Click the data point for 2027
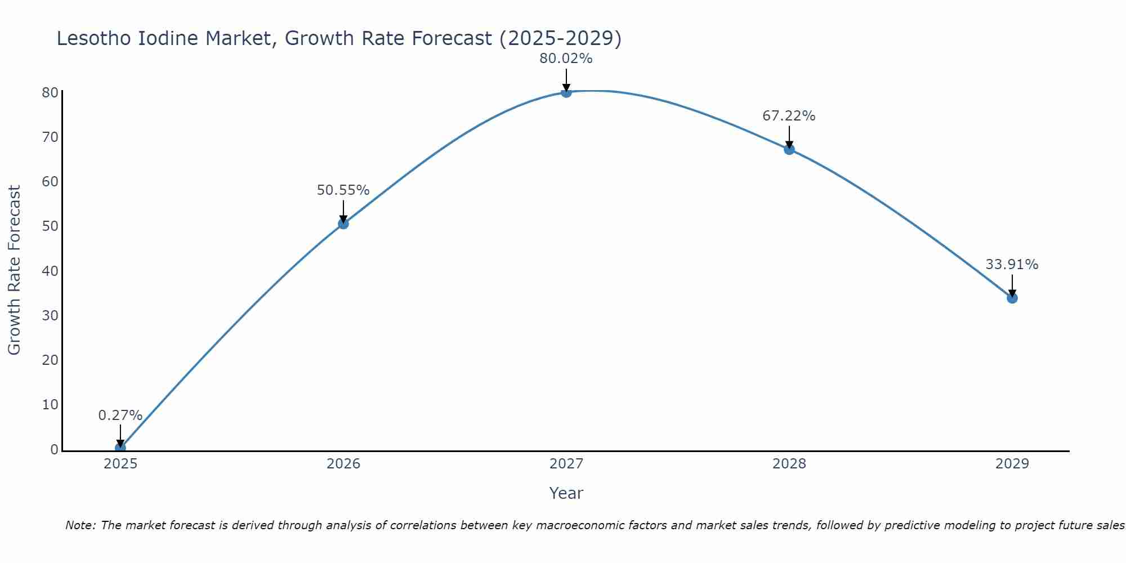coord(566,92)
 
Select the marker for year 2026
coord(343,224)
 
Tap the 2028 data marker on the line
coord(789,149)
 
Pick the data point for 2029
coord(1012,298)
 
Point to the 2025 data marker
coord(120,448)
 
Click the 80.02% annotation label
coord(566,59)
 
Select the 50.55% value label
coord(343,190)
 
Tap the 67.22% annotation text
coord(789,116)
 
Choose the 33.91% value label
coord(1012,265)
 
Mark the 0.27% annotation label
coord(120,415)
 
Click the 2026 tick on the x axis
coord(343,464)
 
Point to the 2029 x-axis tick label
coord(1012,464)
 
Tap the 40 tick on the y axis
coord(50,271)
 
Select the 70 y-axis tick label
coord(50,137)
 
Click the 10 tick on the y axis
coord(50,405)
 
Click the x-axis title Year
coord(566,493)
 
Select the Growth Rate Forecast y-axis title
coord(14,270)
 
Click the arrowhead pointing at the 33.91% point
coord(1012,293)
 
